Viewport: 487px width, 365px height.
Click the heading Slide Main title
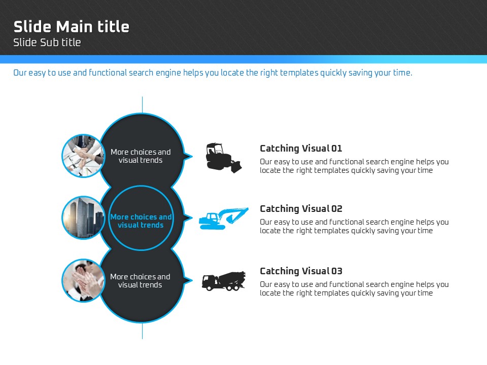pos(71,26)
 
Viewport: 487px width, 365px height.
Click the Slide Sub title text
pos(47,43)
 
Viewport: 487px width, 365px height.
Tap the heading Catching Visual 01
pos(301,149)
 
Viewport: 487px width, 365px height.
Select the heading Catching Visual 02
pos(301,209)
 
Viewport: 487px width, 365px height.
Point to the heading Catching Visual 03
pos(301,271)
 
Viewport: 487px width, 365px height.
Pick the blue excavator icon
pos(223,218)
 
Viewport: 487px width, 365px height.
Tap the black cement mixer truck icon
pos(223,280)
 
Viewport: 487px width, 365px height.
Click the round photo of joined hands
pos(83,156)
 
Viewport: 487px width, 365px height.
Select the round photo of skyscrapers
pos(83,218)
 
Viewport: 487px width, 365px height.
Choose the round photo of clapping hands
pos(83,280)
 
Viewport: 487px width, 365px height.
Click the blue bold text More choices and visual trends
pos(141,221)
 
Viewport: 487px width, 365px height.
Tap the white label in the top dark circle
pos(141,156)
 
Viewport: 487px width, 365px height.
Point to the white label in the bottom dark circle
pos(140,281)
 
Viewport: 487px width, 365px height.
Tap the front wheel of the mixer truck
pos(207,288)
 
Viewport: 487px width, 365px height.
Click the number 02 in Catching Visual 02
pos(337,209)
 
